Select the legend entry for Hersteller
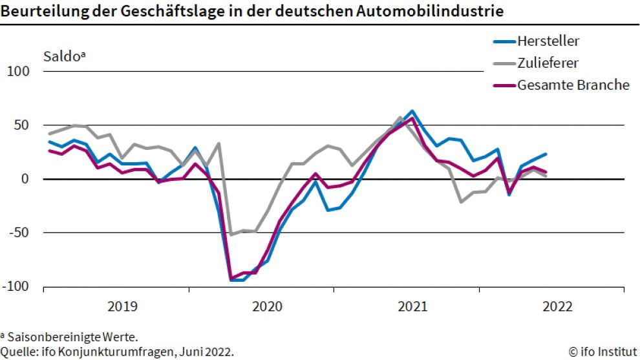tap(548, 41)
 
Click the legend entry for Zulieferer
tap(548, 63)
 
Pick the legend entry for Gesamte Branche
tap(573, 85)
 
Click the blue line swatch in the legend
tap(504, 42)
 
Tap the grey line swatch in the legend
tap(504, 63)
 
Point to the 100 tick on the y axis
tap(18, 71)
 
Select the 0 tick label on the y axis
tap(27, 179)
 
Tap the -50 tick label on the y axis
tap(20, 233)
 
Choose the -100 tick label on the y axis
tap(17, 286)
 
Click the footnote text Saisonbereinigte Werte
tap(72, 337)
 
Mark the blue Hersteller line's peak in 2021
tap(412, 111)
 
